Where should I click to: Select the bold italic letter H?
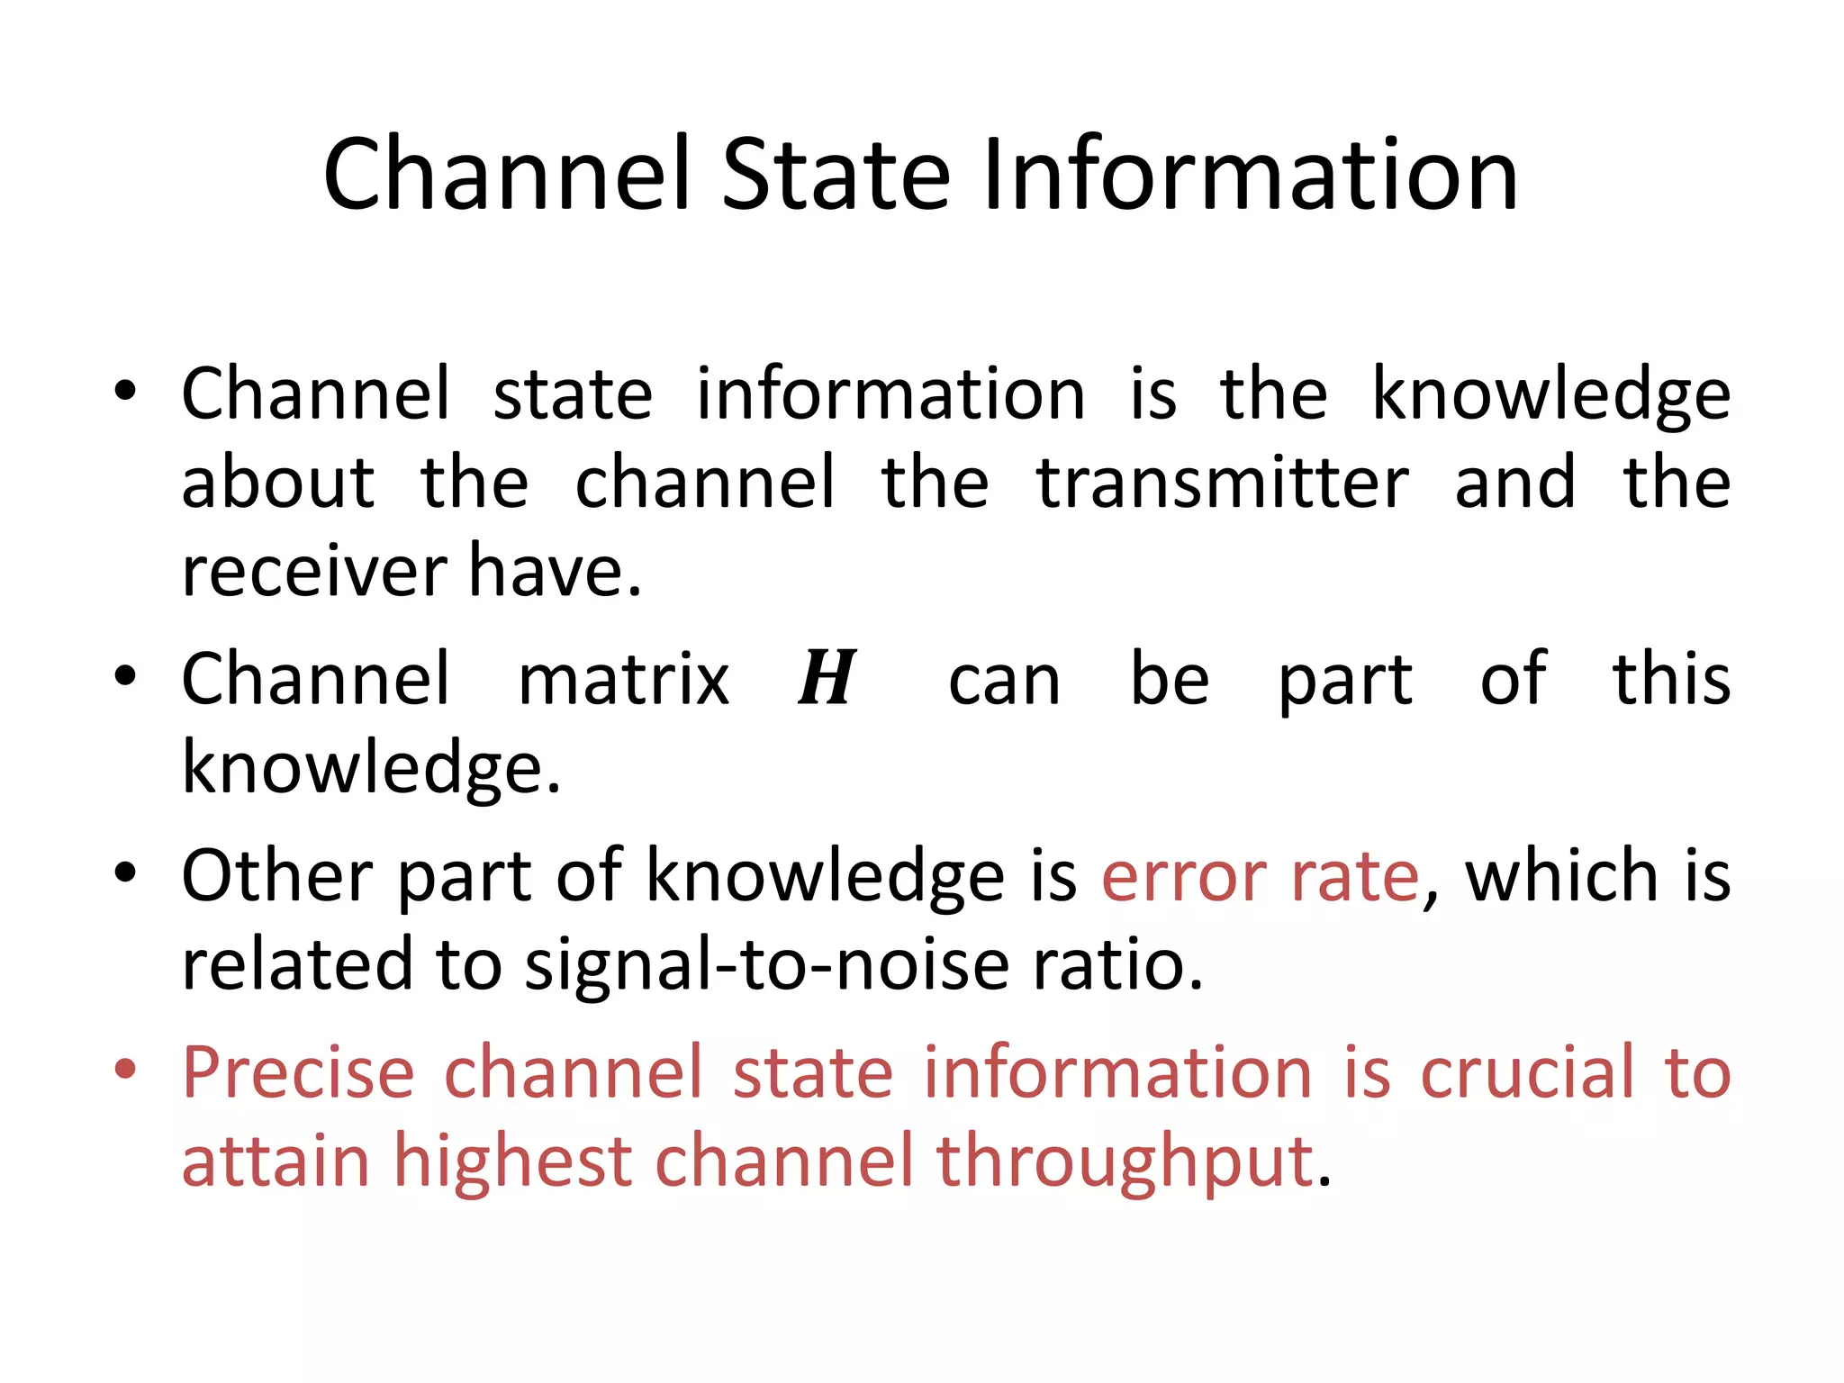pyautogui.click(x=827, y=680)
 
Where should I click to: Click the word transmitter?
pyautogui.click(x=1223, y=484)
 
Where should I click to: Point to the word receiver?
pyautogui.click(x=314, y=573)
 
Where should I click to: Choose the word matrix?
pyautogui.click(x=623, y=680)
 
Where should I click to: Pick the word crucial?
pyautogui.click(x=1527, y=1072)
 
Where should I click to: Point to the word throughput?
pyautogui.click(x=1125, y=1162)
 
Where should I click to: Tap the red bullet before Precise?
pyautogui.click(x=125, y=1069)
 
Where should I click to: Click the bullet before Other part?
pyautogui.click(x=125, y=872)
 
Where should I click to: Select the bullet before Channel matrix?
pyautogui.click(x=125, y=675)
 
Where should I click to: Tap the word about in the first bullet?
pyautogui.click(x=277, y=484)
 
